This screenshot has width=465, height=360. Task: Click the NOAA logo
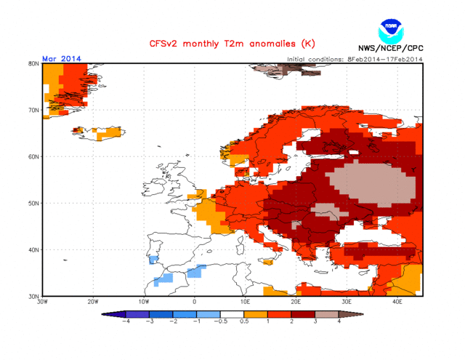tap(390, 31)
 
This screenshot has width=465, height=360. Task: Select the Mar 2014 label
tap(62, 58)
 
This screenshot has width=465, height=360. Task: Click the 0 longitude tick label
tap(195, 302)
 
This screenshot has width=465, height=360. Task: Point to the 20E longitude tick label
tap(296, 302)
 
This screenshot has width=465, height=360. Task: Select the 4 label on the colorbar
tap(339, 321)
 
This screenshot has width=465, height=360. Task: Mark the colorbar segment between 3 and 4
tap(327, 313)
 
